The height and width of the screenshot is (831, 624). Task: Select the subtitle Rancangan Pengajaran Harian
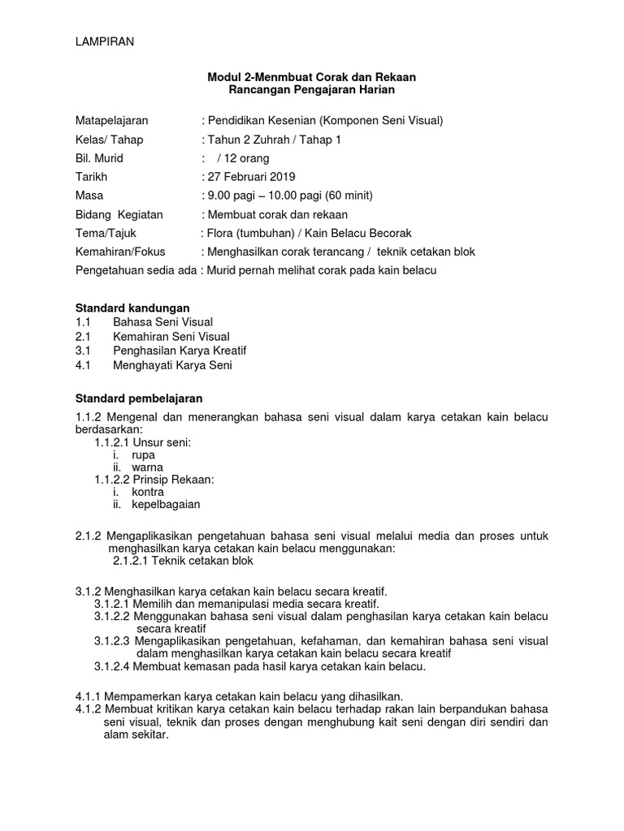coord(312,90)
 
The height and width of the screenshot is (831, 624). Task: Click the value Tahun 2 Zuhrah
coord(248,140)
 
